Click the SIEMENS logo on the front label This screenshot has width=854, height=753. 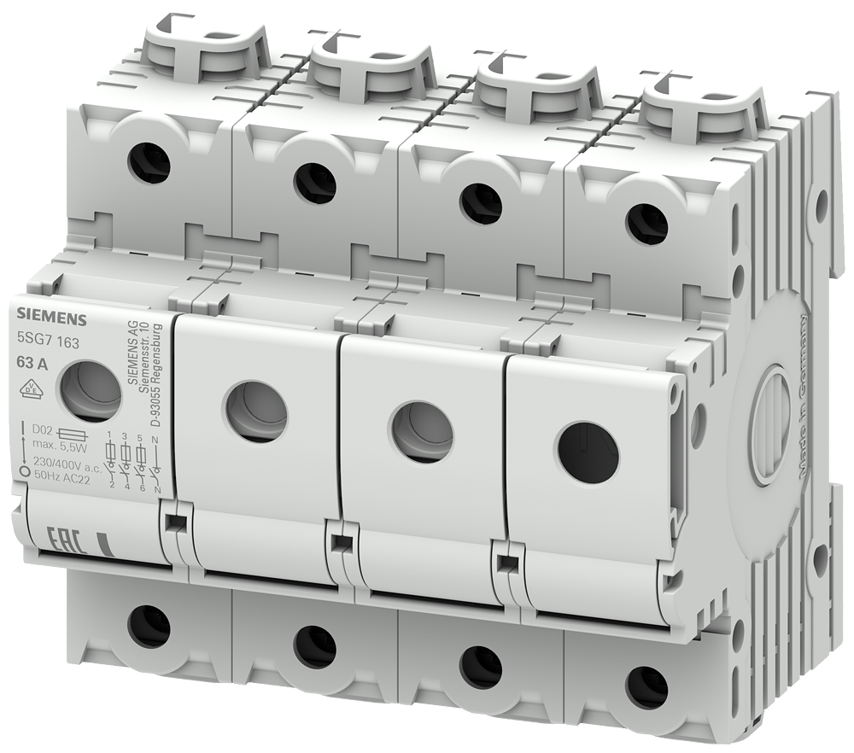click(48, 321)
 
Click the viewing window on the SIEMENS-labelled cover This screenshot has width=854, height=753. click(89, 391)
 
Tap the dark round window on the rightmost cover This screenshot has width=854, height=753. click(588, 452)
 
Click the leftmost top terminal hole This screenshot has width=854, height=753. click(149, 163)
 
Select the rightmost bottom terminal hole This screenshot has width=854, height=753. click(646, 686)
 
